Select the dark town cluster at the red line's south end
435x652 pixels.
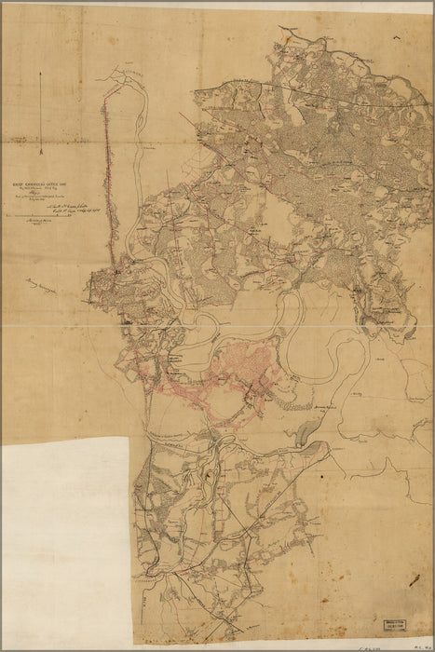pos(116,271)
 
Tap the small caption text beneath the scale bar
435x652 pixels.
pos(37,224)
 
